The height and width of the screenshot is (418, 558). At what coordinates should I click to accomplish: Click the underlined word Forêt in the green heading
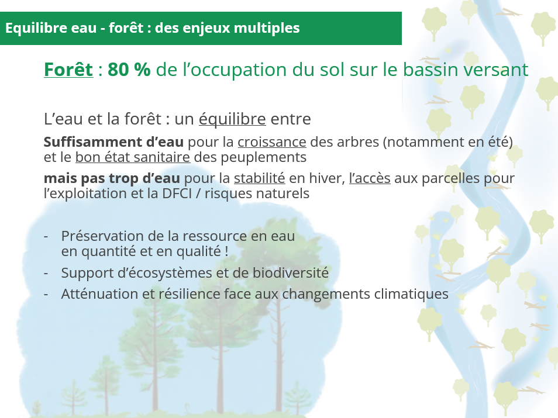pyautogui.click(x=68, y=69)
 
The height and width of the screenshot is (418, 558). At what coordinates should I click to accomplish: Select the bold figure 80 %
pyautogui.click(x=129, y=70)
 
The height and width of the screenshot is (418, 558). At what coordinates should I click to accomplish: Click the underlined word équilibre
pyautogui.click(x=232, y=119)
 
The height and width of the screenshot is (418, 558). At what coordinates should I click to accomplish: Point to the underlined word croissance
pyautogui.click(x=272, y=142)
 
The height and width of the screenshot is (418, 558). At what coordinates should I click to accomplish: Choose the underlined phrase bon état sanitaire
pyautogui.click(x=133, y=157)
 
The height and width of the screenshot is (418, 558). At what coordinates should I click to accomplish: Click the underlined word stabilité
pyautogui.click(x=260, y=178)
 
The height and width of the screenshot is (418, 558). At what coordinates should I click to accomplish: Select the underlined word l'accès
pyautogui.click(x=370, y=178)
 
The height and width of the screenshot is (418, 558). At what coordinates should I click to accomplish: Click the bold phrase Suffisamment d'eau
pyautogui.click(x=113, y=142)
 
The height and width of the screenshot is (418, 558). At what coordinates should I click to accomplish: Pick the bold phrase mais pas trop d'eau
pyautogui.click(x=112, y=178)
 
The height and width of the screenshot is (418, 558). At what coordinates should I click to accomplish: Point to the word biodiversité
pyautogui.click(x=290, y=273)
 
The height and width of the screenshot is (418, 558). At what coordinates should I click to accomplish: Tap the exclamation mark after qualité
pyautogui.click(x=227, y=251)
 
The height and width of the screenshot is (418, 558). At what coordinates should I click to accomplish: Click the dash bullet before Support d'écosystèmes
pyautogui.click(x=46, y=274)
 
